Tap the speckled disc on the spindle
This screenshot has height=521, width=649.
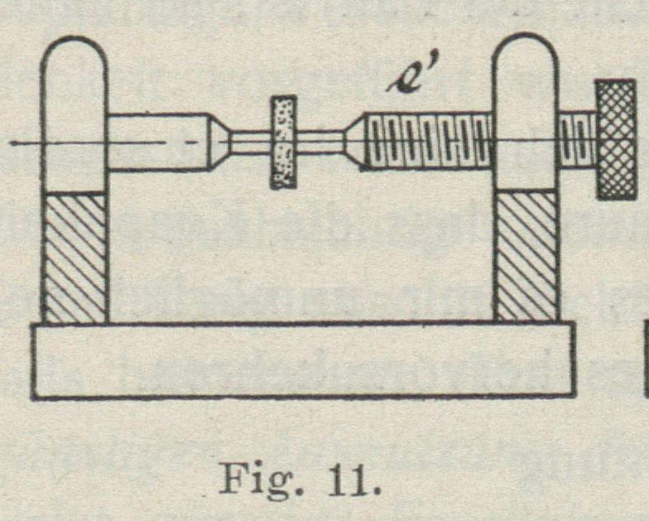point(283,142)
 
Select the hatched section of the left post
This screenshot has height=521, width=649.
point(75,257)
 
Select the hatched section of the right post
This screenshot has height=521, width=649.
point(526,255)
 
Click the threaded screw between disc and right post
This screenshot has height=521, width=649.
point(426,141)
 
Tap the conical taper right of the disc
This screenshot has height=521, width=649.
point(353,142)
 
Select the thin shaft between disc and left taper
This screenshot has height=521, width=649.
point(250,142)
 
